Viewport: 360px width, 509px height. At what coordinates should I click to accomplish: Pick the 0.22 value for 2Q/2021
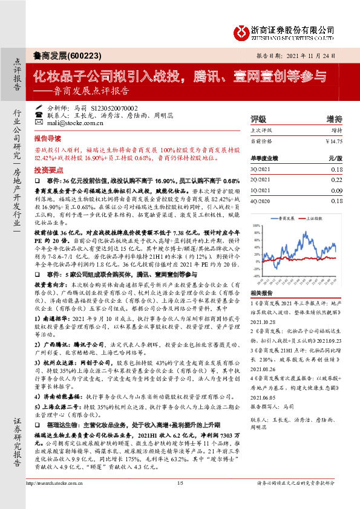[336, 180]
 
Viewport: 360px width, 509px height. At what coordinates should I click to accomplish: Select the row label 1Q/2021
[261, 190]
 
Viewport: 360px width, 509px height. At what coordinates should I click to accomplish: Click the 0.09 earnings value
[336, 190]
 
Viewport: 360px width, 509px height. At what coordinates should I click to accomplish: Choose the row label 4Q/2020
[261, 200]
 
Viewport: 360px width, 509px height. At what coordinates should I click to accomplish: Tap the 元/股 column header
[335, 158]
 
